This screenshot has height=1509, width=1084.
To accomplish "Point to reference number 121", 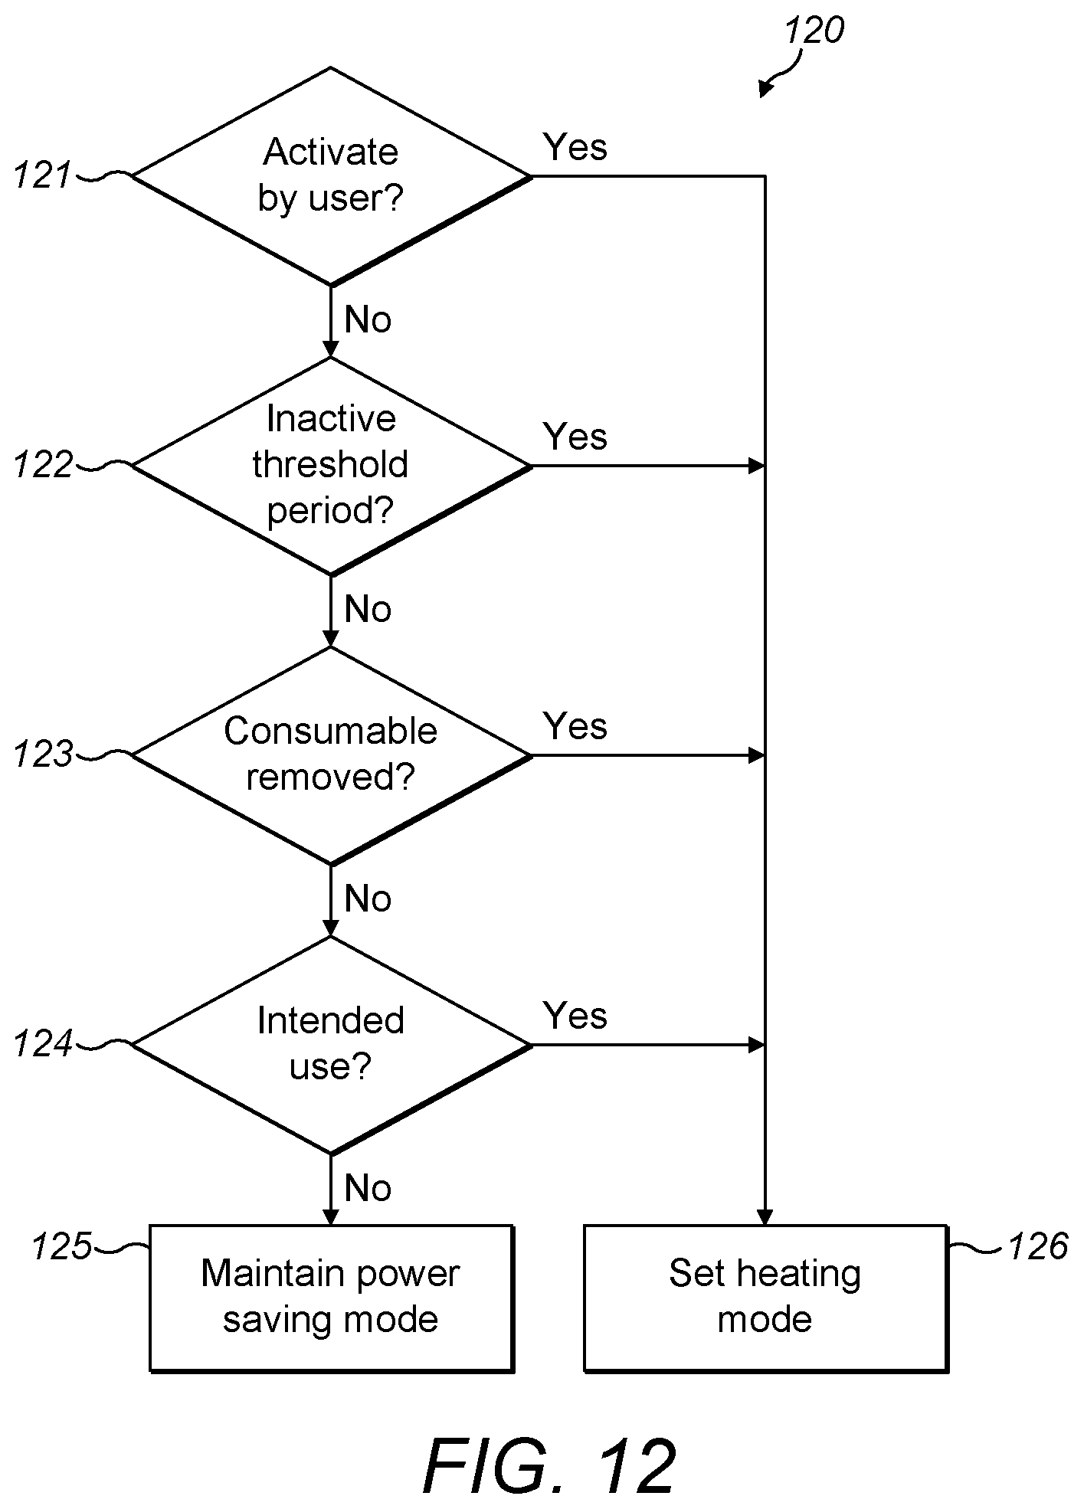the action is pos(42,176).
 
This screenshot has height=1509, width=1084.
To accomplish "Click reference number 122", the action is pos(43,465).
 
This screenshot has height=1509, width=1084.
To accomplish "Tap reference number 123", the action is pos(43,754).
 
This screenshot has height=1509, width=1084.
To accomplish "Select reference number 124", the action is pos(43,1044).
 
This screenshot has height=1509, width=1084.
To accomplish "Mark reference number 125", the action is pos(61,1246).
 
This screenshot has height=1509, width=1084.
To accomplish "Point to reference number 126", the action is pos(1038,1246).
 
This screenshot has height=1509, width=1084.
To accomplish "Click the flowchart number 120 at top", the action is pos(814,31).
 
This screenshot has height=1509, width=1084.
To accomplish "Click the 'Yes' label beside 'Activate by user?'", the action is pos(575,147).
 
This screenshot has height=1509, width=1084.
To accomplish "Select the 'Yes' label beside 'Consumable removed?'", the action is pos(575,726).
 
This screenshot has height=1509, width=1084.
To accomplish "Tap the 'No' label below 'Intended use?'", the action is pos(368,1188).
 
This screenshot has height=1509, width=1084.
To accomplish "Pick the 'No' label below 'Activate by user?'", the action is pos(368,319).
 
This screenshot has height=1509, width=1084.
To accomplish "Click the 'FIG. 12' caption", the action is pos(550,1466).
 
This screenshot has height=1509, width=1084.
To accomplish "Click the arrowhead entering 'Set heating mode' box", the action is pos(765,1217).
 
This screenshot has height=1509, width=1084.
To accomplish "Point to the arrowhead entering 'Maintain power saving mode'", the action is pos(331,1217).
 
